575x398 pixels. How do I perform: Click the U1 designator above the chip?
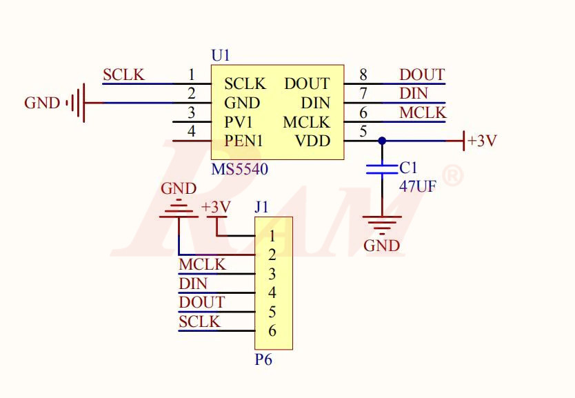coord(221,55)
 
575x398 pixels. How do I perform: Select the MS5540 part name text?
coord(240,169)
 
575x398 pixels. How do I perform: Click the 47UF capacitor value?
coord(418,186)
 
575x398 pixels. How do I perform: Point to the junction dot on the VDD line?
coord(381,141)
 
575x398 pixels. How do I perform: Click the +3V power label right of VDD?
coord(481,141)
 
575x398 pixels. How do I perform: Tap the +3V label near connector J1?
coord(216,208)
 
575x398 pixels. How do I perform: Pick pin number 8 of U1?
coord(363,74)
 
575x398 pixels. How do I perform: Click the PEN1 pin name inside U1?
coord(243,141)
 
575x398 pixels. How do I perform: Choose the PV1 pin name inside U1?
coord(239,122)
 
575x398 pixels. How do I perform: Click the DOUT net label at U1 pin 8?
coord(422,74)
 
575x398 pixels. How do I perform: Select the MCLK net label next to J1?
coord(202,265)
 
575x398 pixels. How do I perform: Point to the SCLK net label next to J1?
coord(199,321)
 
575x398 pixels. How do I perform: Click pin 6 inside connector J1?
coord(272,331)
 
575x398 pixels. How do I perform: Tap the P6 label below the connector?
coord(263,359)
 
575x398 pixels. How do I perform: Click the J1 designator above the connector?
coord(262,207)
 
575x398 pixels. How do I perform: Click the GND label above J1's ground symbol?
coord(179,188)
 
